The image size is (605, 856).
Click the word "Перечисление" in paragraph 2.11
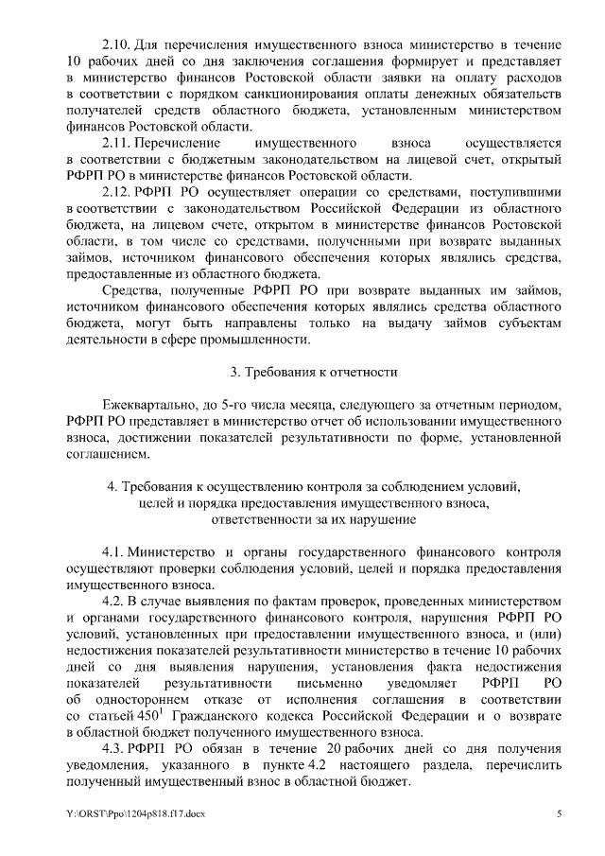(x=175, y=142)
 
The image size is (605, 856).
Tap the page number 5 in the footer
(x=559, y=813)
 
